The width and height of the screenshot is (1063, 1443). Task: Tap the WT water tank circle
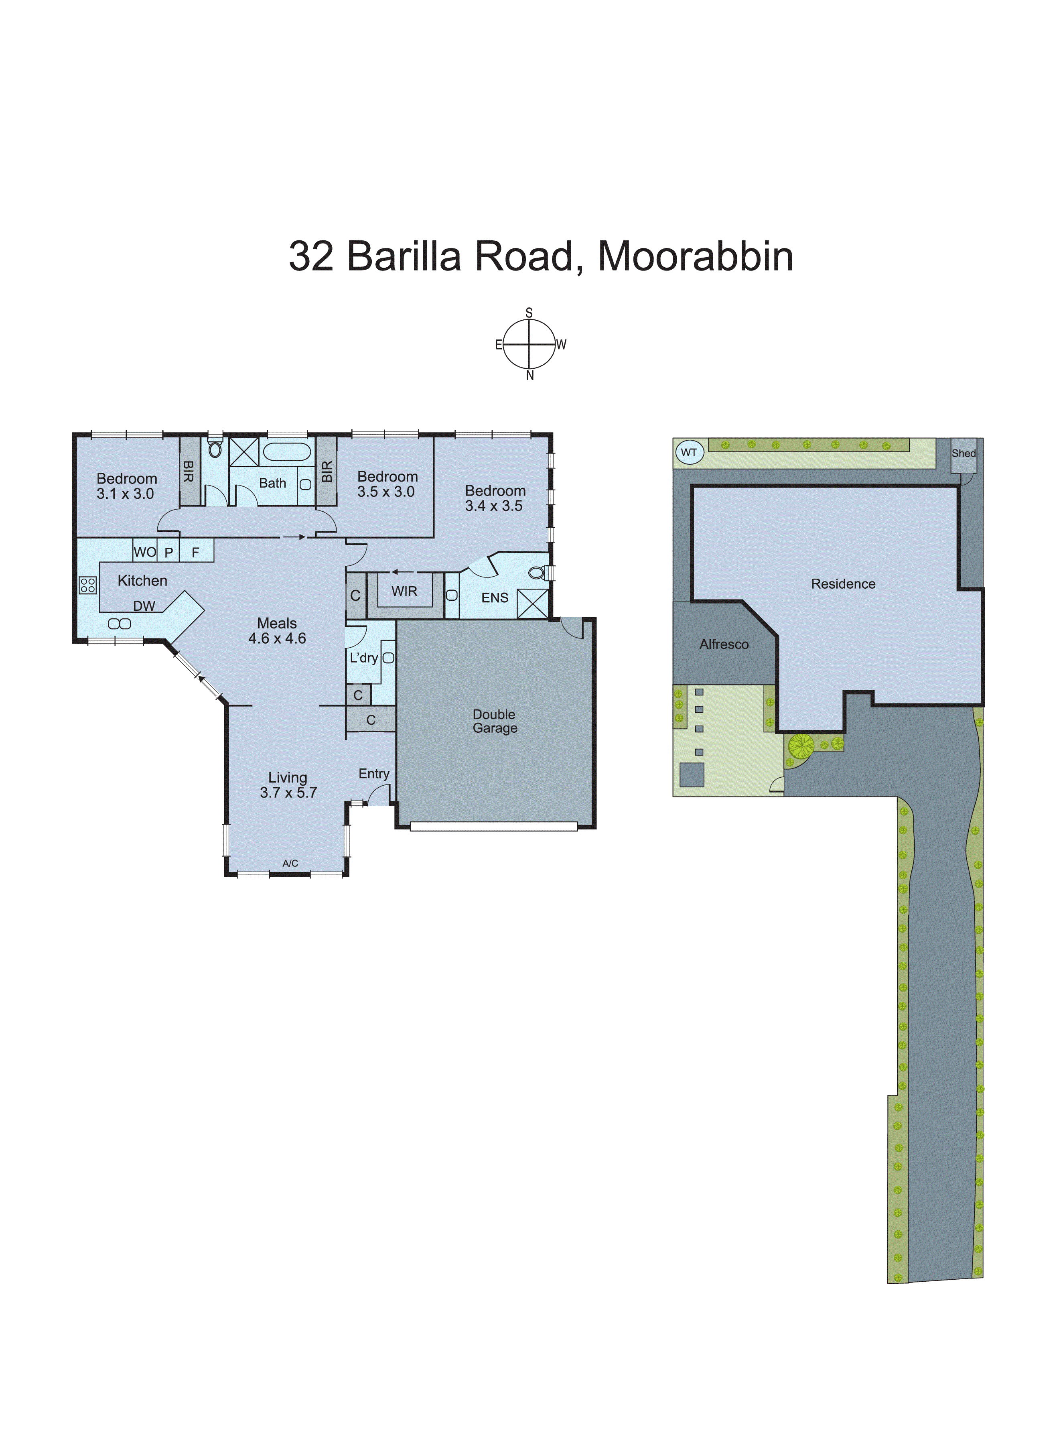[689, 453]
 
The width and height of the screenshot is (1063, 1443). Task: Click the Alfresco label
[724, 644]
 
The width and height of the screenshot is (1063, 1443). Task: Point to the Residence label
[843, 584]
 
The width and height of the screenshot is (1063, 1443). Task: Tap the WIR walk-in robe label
[404, 591]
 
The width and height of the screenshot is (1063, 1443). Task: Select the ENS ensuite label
[495, 598]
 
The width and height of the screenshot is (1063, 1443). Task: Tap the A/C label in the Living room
[290, 863]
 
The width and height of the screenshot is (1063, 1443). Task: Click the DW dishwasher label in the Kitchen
[144, 606]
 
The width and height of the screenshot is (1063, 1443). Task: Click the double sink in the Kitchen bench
[120, 624]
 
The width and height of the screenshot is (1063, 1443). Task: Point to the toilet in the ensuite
[536, 572]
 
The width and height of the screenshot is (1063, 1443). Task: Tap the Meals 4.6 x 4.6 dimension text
[277, 638]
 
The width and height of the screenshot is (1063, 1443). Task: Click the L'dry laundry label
[363, 658]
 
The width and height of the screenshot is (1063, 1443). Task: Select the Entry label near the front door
[374, 774]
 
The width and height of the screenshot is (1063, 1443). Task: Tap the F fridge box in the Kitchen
[196, 552]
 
